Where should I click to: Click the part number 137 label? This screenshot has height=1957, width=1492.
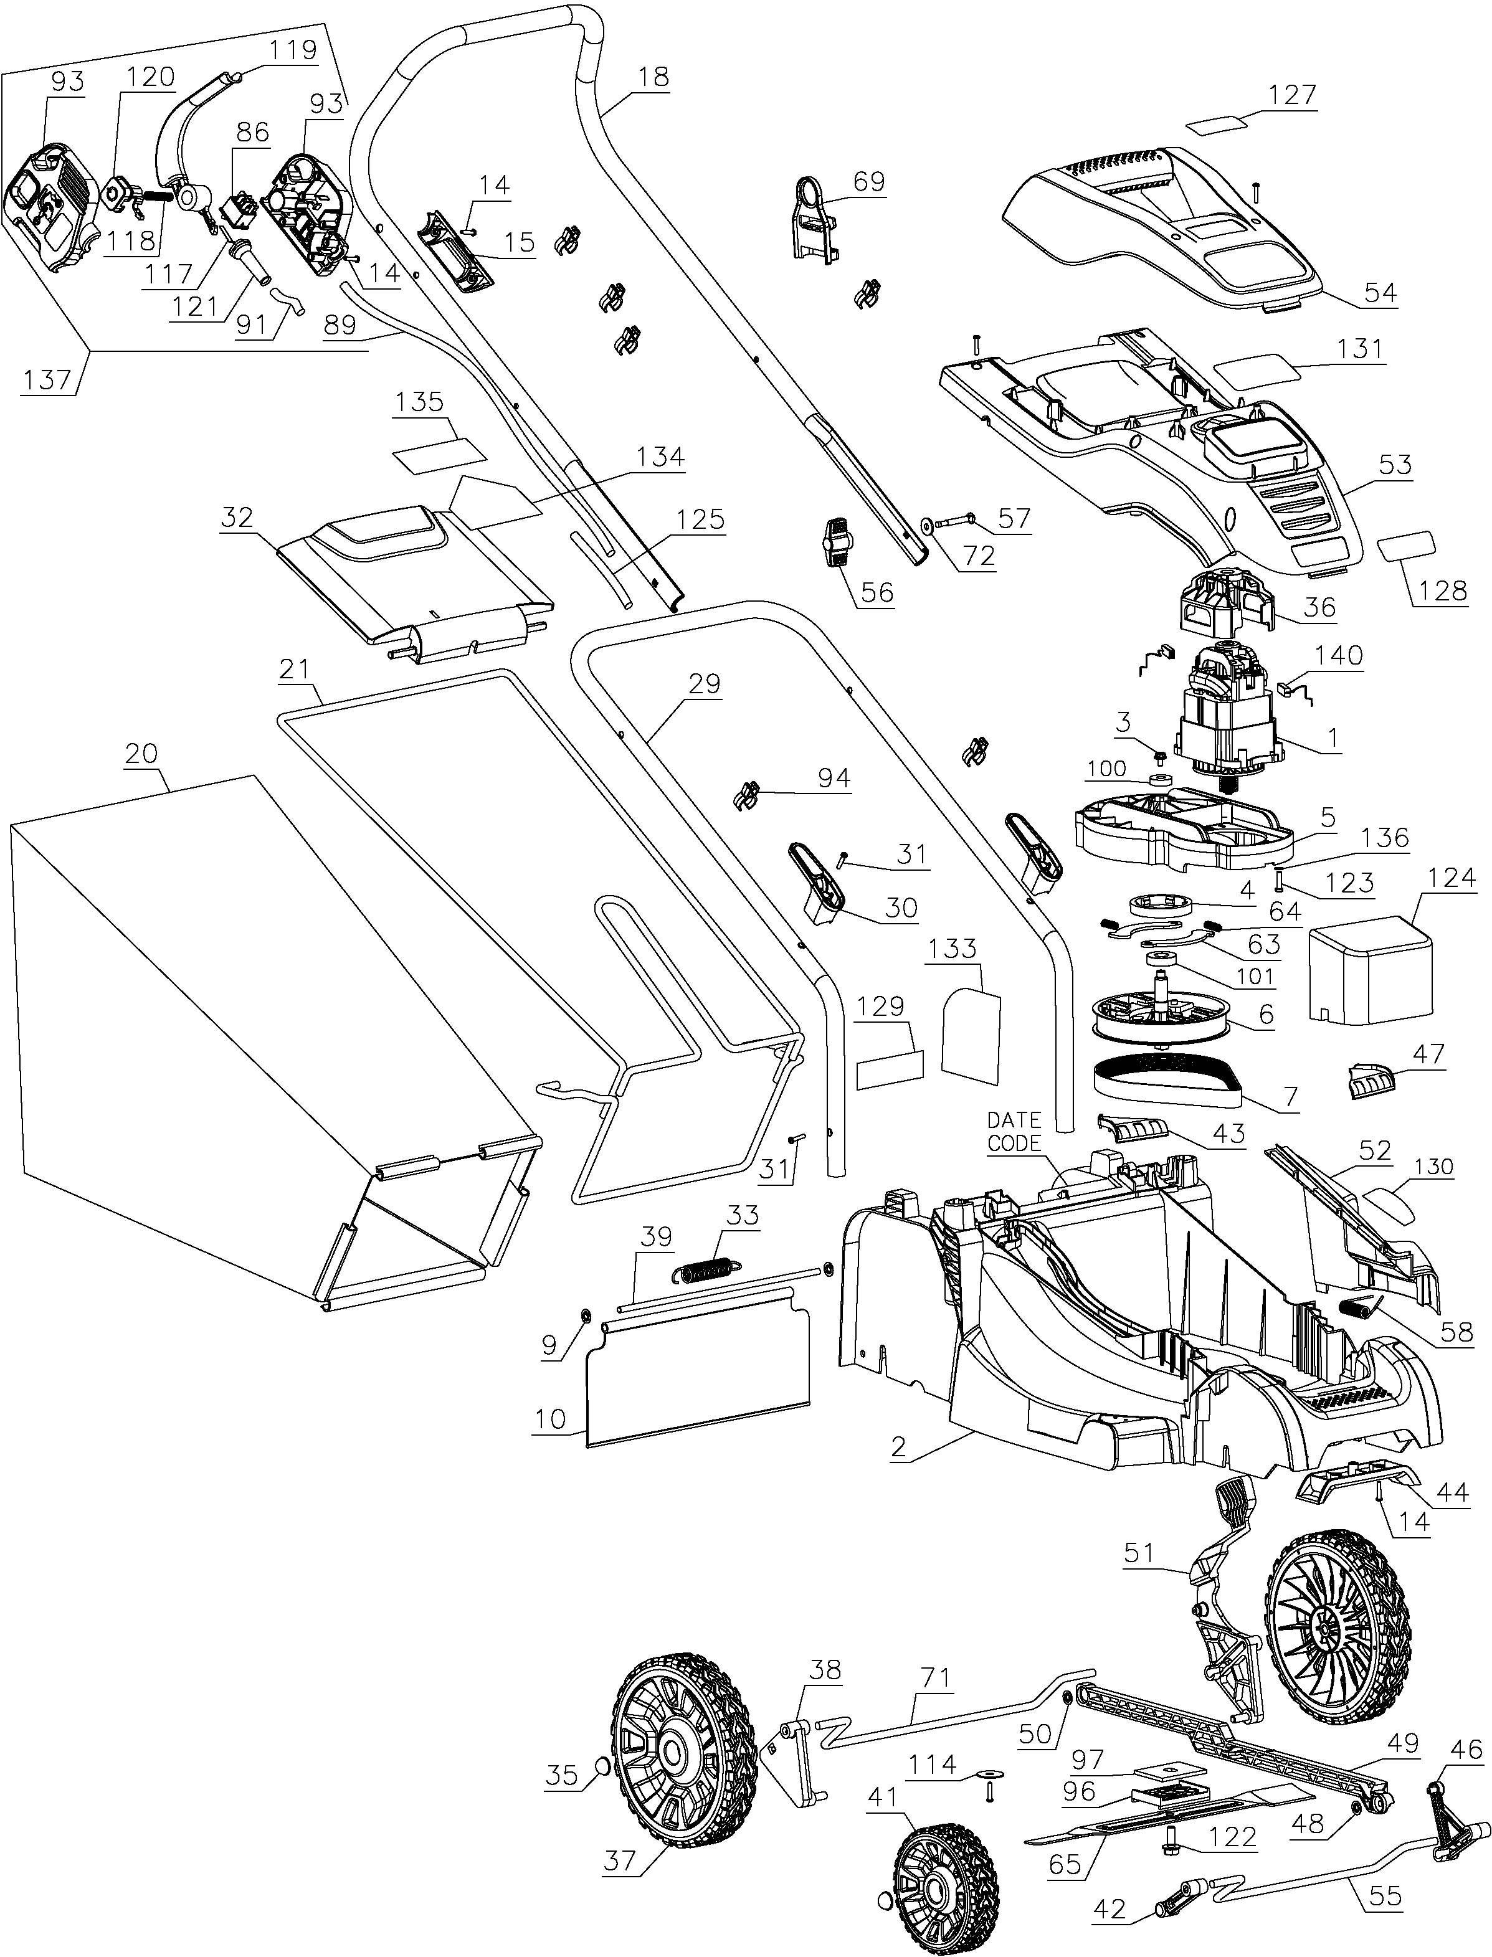coord(46,380)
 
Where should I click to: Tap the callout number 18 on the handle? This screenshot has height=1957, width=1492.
coord(653,77)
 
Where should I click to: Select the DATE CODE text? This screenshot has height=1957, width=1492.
coord(1014,1131)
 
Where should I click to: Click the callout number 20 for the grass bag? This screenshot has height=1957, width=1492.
coord(141,753)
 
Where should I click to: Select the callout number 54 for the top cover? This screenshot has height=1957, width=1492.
coord(1379,292)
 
